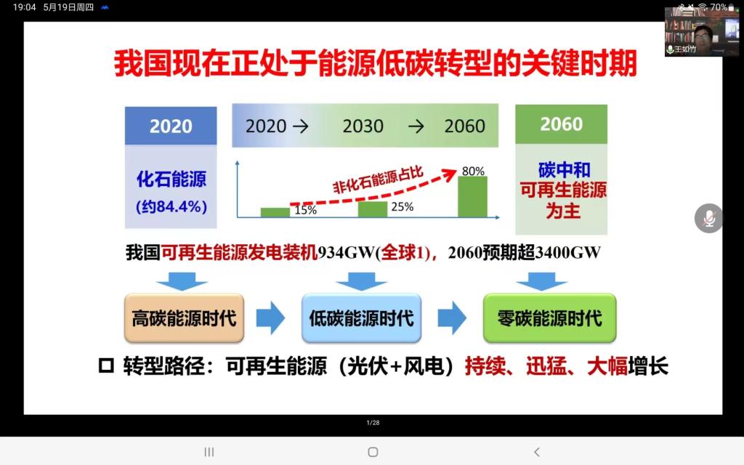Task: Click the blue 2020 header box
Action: [171, 126]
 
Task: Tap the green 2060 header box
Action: [562, 124]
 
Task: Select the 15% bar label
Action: [306, 210]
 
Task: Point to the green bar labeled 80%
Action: [472, 197]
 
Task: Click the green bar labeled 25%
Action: [373, 209]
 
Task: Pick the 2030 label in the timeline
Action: [363, 126]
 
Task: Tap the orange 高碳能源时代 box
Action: [184, 318]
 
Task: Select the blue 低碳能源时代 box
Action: [362, 318]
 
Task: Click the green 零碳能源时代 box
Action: [549, 318]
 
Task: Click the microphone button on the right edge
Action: [709, 219]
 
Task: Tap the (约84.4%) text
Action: [171, 207]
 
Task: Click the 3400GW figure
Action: [568, 252]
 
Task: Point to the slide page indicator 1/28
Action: [373, 422]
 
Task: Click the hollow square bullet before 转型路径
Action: [106, 366]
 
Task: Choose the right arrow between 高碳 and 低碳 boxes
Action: [270, 318]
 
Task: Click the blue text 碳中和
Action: [564, 170]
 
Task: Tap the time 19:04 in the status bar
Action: [24, 7]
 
